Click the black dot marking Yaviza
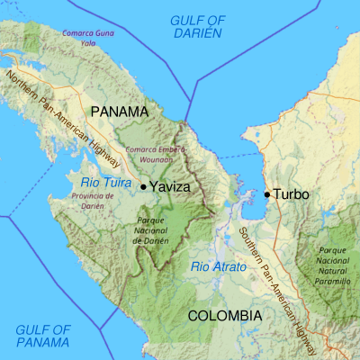pos(143,186)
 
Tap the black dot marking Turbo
pos(267,193)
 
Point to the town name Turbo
pos(292,193)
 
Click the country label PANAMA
pos(119,112)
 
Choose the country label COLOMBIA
pos(224,316)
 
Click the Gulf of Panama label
pos(42,336)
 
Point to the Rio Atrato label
pos(216,265)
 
